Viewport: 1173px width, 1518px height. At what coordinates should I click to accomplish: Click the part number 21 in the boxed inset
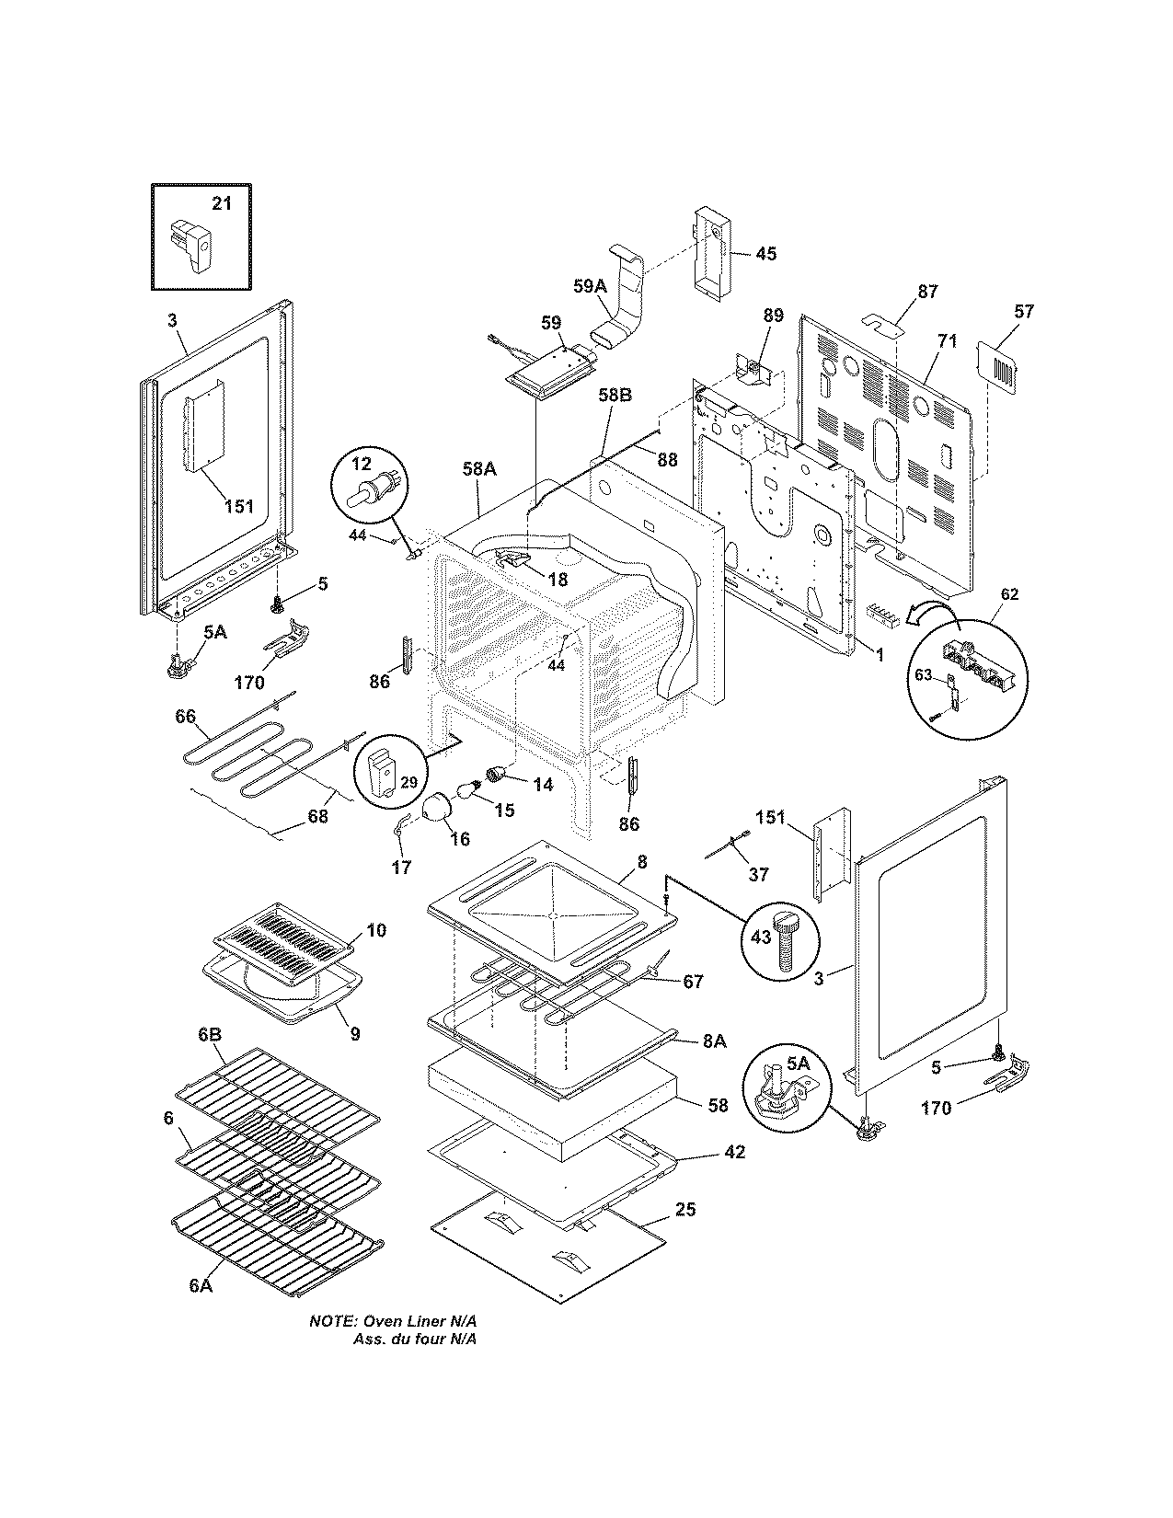click(222, 203)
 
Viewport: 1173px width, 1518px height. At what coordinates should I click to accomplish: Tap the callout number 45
click(765, 254)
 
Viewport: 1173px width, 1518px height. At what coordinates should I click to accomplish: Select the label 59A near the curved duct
click(590, 286)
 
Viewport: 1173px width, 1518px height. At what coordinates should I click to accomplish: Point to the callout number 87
click(927, 292)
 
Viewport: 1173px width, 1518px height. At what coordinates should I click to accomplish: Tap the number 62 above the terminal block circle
click(1009, 594)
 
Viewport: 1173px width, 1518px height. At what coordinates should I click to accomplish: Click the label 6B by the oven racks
click(210, 1035)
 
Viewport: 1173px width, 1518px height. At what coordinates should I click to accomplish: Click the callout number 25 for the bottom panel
click(685, 1209)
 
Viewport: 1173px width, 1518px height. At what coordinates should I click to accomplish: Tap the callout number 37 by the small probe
click(758, 875)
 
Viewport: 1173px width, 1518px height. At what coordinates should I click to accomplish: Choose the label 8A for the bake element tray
click(715, 1041)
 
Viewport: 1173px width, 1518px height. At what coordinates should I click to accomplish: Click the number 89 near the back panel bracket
click(773, 316)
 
